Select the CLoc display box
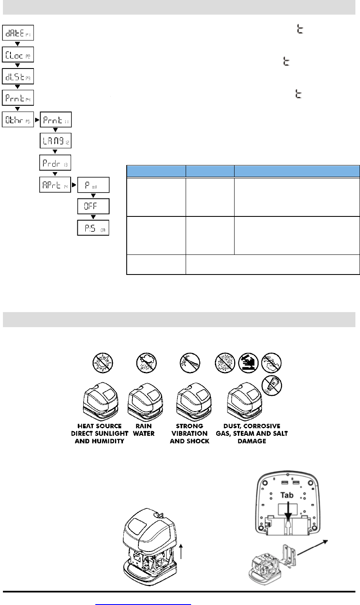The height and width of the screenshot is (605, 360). (19, 54)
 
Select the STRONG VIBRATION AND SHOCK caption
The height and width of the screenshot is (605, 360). (189, 434)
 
